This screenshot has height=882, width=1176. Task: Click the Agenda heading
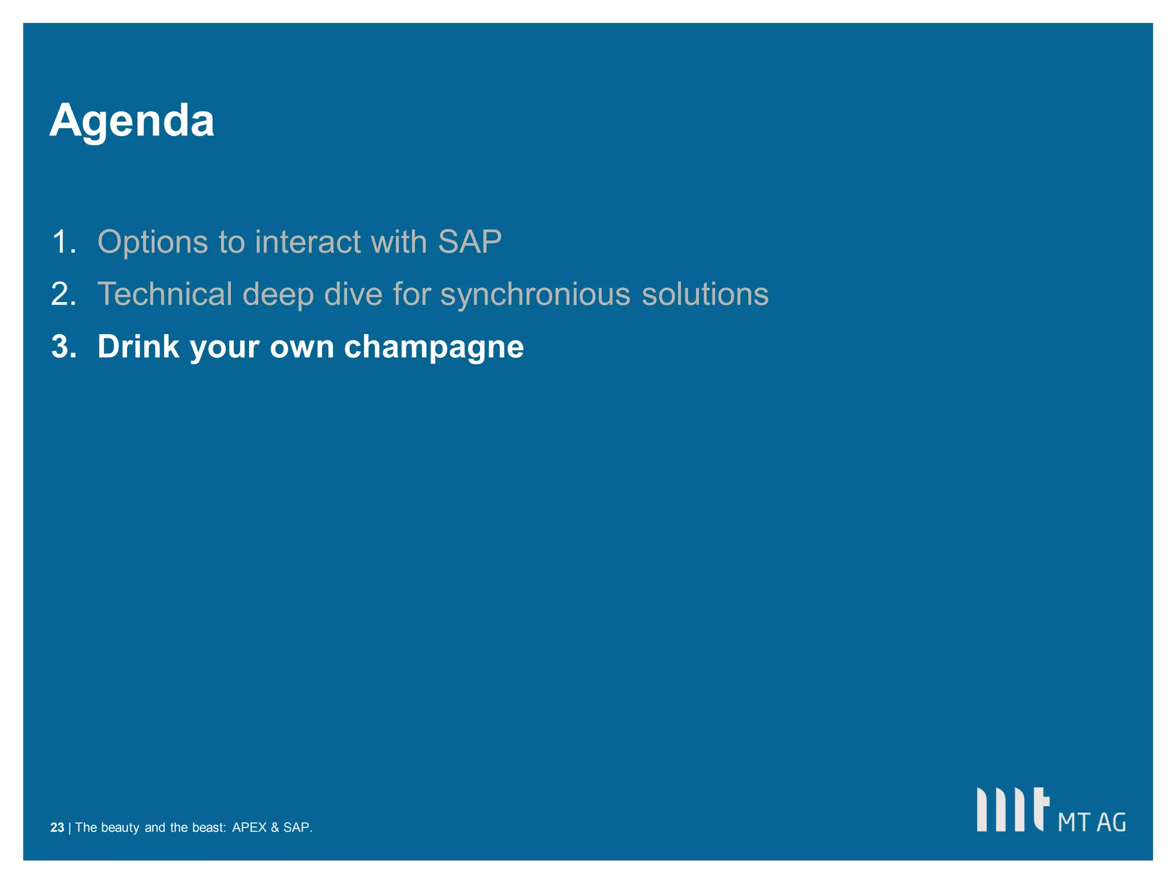[x=131, y=121]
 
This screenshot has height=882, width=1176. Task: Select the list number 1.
[x=63, y=242]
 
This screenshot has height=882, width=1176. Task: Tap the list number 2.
[x=63, y=294]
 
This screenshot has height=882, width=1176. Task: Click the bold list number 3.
[x=63, y=347]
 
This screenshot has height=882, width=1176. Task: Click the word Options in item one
[x=152, y=242]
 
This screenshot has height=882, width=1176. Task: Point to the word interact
[x=308, y=242]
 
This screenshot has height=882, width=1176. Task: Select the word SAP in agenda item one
[x=470, y=242]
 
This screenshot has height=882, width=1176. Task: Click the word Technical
[x=164, y=294]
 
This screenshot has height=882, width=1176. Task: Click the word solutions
[x=705, y=294]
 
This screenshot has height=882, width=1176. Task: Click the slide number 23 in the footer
[x=57, y=827]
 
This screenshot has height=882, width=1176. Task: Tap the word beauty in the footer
[x=120, y=827]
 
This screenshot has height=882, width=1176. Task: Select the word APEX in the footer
[x=249, y=827]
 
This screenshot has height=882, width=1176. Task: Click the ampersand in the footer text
[x=274, y=827]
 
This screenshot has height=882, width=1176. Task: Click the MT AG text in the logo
[x=1092, y=822]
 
